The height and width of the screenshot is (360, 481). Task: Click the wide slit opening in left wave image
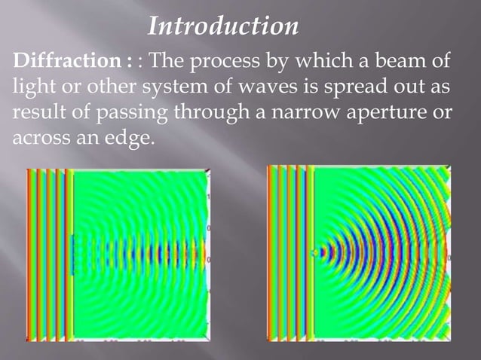pyautogui.click(x=72, y=254)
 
